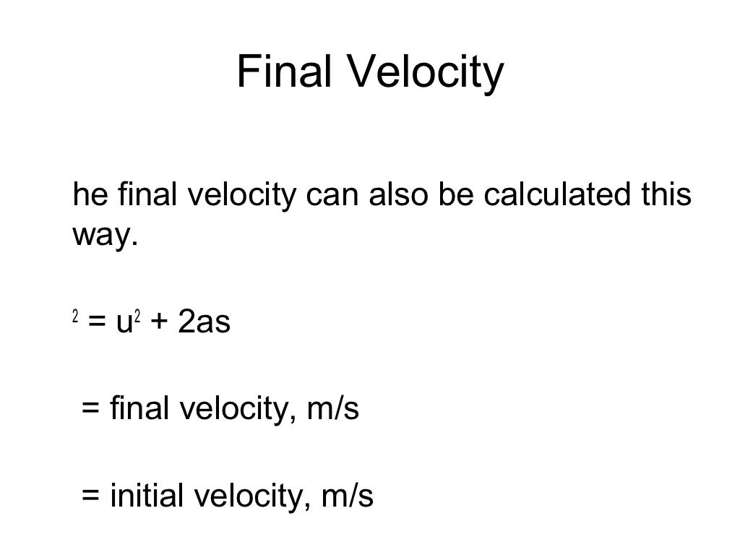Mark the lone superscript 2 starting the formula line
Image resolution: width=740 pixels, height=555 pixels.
[75, 317]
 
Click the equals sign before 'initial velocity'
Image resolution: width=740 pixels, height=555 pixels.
[90, 496]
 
